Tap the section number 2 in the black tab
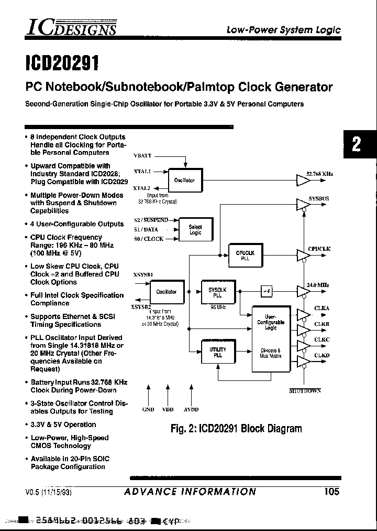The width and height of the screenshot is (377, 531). tap(357, 144)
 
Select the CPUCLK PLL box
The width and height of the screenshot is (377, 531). tap(245, 255)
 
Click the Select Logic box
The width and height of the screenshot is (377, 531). tap(195, 230)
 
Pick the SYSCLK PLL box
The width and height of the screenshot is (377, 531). tap(217, 292)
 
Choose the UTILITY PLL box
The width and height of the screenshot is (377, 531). tap(217, 352)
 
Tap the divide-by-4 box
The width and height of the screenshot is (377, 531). tap(267, 290)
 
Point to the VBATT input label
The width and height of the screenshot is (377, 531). tap(143, 156)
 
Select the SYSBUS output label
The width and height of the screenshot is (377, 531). tap(319, 199)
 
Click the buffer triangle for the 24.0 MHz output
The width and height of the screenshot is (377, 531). tap(303, 290)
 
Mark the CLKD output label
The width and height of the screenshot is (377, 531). tap(321, 356)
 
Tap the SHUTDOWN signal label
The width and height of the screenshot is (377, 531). tap(305, 391)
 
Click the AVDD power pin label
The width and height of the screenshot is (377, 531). tap(191, 409)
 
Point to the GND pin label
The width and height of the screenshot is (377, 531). tap(148, 409)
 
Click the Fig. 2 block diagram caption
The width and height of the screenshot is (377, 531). tap(236, 429)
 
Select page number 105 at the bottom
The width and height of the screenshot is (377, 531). tap(331, 491)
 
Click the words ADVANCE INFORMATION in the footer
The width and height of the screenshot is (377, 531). tap(191, 492)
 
